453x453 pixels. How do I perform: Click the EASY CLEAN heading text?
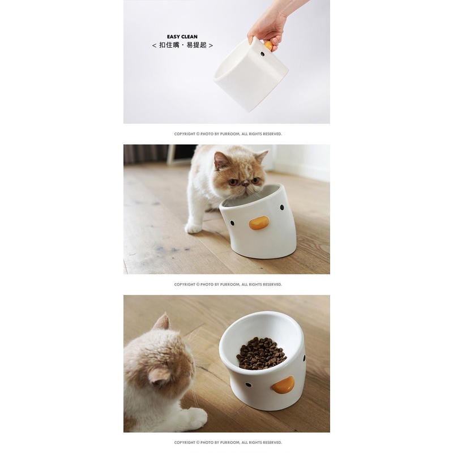click(182, 37)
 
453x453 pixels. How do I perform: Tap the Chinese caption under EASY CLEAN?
click(182, 45)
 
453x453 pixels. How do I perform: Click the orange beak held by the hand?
click(268, 45)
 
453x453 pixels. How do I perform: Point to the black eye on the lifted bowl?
click(262, 54)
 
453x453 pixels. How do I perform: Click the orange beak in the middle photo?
click(259, 223)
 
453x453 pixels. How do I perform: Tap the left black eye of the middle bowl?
click(232, 223)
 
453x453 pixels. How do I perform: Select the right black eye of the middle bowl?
click(281, 207)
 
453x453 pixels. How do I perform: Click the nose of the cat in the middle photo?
click(246, 183)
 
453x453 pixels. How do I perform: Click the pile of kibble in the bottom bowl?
click(261, 353)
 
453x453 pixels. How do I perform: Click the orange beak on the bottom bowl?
click(284, 385)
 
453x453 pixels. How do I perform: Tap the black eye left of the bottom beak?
click(248, 385)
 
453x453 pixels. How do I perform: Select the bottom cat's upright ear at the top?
click(163, 321)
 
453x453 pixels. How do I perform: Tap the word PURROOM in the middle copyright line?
click(230, 285)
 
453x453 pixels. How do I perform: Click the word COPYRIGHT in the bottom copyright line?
click(185, 443)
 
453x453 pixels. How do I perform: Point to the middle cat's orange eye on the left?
click(233, 182)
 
